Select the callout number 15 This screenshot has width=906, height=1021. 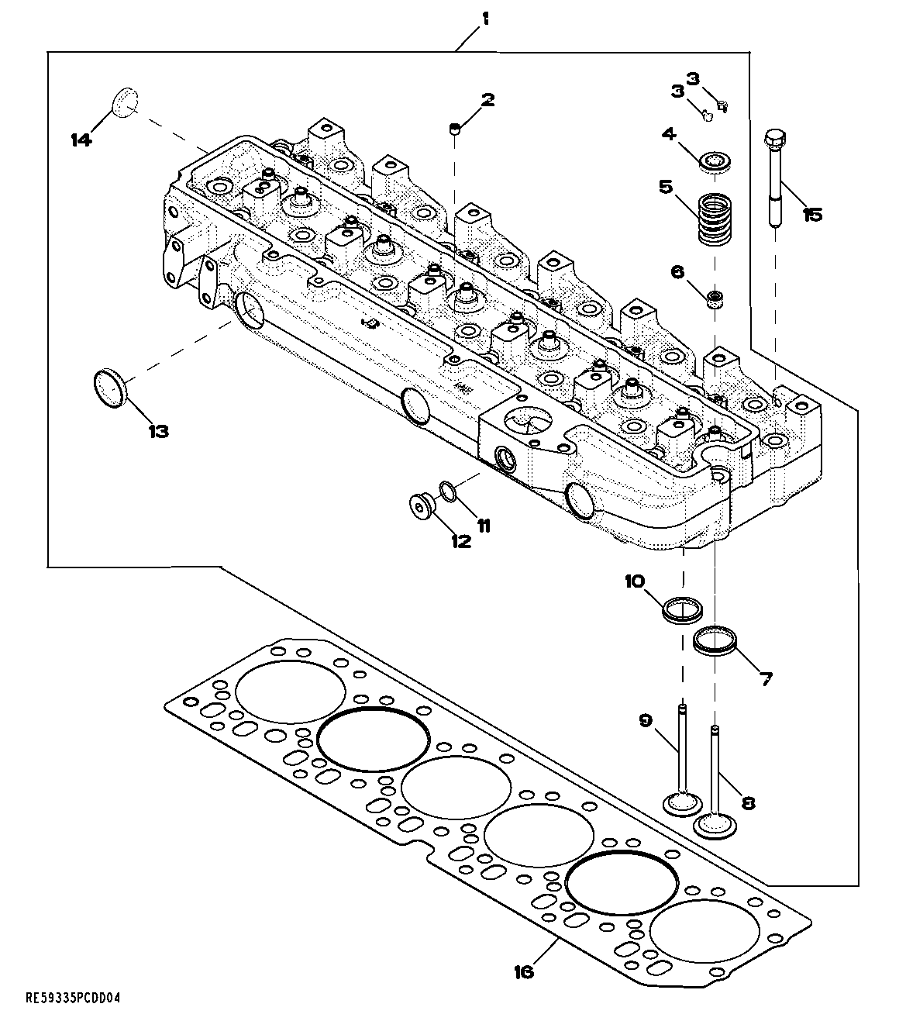click(811, 214)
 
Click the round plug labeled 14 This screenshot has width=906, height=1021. click(125, 102)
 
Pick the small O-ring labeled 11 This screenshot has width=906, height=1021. click(447, 490)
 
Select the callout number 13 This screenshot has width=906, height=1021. click(157, 432)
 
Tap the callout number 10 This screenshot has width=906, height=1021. click(635, 581)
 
